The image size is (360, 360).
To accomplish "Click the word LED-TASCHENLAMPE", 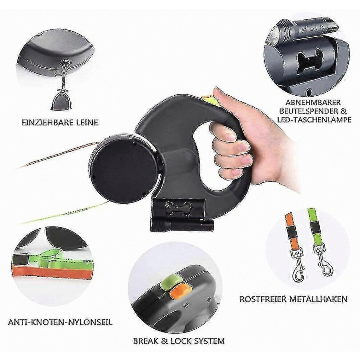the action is point(314,120).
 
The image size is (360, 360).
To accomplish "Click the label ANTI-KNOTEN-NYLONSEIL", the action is point(60,322).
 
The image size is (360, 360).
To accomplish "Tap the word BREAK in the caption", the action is point(146,341).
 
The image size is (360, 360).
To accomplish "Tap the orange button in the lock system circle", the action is point(180,291).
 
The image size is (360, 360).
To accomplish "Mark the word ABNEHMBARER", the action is point(313,102).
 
